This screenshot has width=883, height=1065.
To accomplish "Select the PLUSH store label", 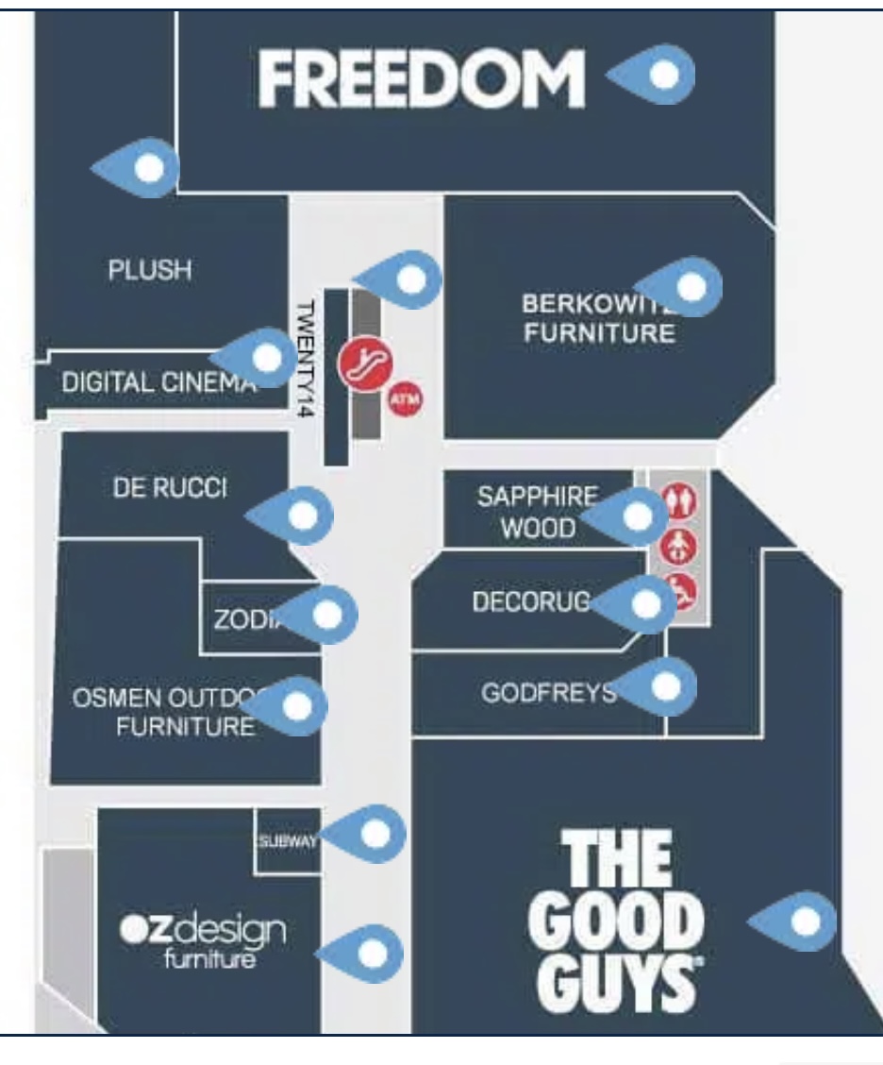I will pos(150,270).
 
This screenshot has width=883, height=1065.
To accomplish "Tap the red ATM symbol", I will pos(407,399).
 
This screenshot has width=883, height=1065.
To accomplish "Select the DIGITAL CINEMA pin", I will pos(266,357).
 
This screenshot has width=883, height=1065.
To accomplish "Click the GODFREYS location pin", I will pos(665,686).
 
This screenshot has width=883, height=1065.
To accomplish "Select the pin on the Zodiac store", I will pos(326,615).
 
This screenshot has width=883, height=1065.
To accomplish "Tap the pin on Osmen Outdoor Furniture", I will pos(297,705).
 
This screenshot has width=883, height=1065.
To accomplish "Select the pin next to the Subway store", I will pos(375,833).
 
